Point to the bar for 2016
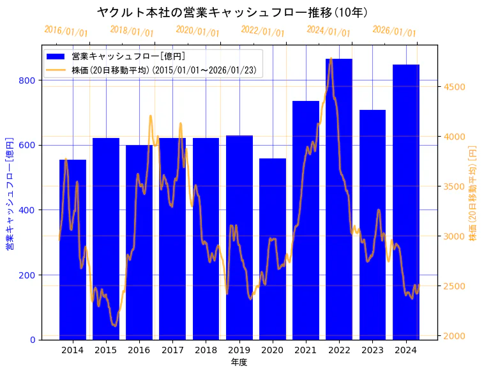click(x=139, y=243)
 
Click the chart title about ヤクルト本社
click(x=232, y=12)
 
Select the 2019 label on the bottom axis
click(x=239, y=350)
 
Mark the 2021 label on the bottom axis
click(x=306, y=350)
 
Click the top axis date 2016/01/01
click(x=66, y=31)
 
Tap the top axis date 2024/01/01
click(x=328, y=31)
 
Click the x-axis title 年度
click(x=239, y=362)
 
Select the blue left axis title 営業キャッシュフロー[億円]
click(x=9, y=193)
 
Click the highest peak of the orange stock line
click(x=330, y=59)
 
